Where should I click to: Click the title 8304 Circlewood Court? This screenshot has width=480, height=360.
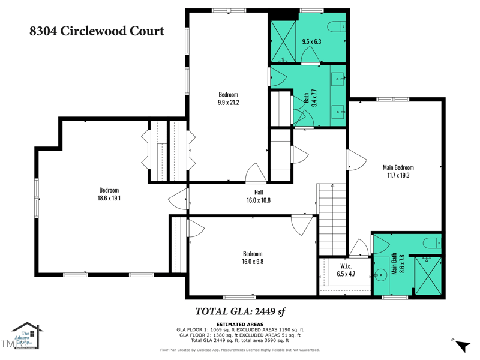pos(97,31)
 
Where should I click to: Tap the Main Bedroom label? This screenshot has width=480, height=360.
pos(398,167)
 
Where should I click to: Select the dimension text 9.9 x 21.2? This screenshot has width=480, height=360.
pos(228,103)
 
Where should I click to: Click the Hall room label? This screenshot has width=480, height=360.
pos(258,192)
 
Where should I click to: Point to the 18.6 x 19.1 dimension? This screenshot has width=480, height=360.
pos(109,198)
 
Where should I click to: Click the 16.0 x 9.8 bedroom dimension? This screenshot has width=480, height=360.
pos(253,262)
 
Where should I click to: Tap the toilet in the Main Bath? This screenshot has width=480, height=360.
pos(431,243)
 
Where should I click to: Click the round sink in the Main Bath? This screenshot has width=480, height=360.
pos(380,276)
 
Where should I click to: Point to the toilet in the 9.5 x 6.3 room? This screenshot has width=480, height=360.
pos(337,26)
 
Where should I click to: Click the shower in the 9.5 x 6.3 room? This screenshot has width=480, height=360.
pos(283,41)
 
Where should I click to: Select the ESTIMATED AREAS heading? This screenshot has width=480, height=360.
pos(239,325)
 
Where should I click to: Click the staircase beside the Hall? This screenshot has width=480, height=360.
pos(332,219)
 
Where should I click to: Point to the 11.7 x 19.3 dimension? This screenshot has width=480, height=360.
pos(398,176)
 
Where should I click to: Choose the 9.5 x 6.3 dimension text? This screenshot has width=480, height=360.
pos(311,41)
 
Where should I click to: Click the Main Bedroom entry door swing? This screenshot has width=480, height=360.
pos(356,160)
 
